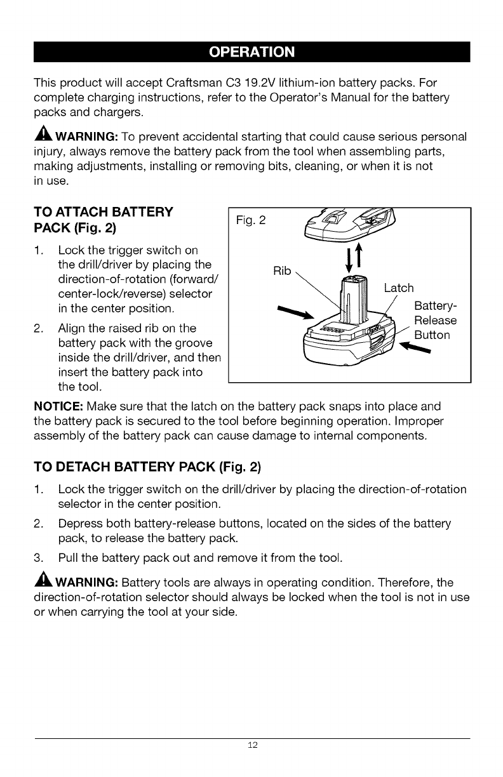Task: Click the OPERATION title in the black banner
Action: coord(252,51)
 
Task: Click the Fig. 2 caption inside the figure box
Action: coord(251,221)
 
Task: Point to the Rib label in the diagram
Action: coord(281,271)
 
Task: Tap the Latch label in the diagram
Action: coord(399,288)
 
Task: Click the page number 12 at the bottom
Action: coord(252,745)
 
